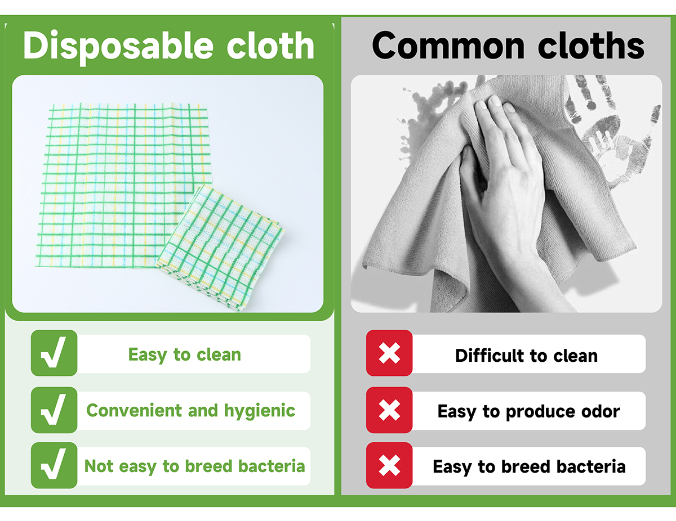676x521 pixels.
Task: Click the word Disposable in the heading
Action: point(118,47)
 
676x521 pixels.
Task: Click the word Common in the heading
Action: point(448,46)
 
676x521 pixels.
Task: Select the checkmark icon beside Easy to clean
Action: point(54,353)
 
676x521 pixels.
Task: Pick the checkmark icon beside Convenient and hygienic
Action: point(54,410)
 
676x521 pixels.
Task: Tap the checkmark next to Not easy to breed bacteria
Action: point(54,465)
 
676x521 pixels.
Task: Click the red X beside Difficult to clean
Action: point(389,353)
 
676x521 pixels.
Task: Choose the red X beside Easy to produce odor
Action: point(389,410)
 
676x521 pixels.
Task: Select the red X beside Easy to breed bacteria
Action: point(389,465)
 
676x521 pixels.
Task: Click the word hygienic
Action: point(260,411)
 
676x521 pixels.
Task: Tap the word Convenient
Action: point(135,410)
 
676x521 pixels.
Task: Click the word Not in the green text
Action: point(99,466)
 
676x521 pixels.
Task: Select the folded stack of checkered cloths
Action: point(220,248)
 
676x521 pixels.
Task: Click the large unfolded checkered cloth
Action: point(124,186)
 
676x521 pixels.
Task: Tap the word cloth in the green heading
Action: point(270,46)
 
